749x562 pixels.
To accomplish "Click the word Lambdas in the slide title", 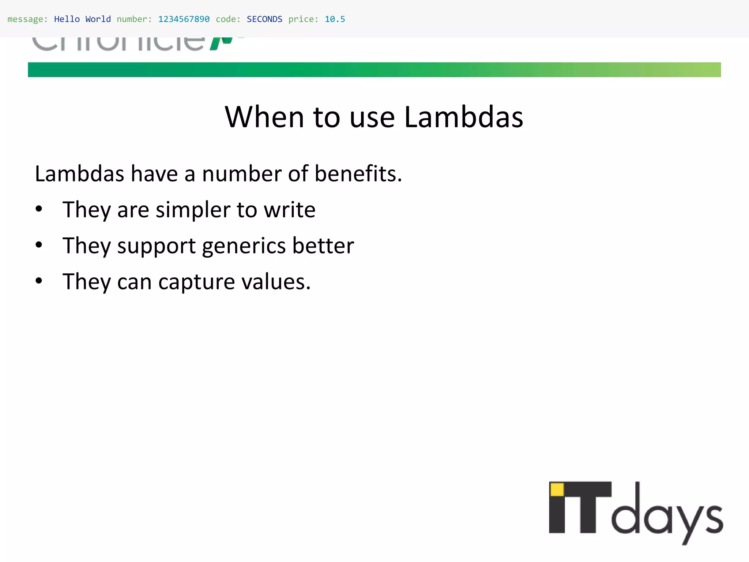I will pos(463,117).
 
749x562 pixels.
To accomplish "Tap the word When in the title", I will pos(264,117).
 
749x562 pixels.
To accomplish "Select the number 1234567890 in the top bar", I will pos(184,19).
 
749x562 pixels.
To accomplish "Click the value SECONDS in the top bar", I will pos(264,19).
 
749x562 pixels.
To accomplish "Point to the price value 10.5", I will pos(335,19).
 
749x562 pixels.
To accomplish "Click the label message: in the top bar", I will pos(27,19).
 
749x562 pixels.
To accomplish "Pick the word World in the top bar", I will pos(98,19).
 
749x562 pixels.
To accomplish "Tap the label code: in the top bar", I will pos(228,19).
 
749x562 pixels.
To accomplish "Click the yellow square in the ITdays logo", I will pos(557,490).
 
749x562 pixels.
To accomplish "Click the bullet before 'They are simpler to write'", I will pos(39,209).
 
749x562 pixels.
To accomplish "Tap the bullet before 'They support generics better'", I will pos(39,245).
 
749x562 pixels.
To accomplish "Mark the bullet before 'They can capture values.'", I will pos(39,281).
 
